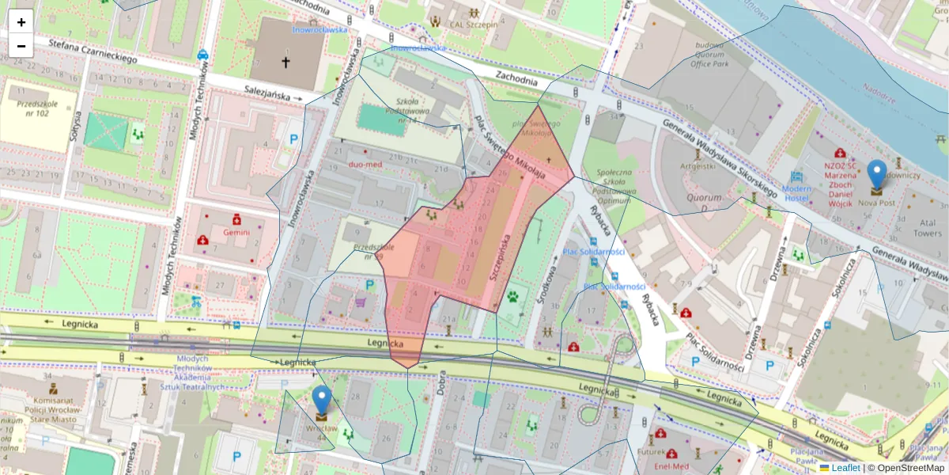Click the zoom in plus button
(21, 22)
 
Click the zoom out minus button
(21, 46)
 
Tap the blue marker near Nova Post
(876, 177)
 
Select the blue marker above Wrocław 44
(321, 402)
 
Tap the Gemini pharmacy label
(236, 232)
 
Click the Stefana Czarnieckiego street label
(92, 51)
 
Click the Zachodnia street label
(516, 77)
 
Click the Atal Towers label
(906, 228)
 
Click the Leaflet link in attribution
(845, 468)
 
